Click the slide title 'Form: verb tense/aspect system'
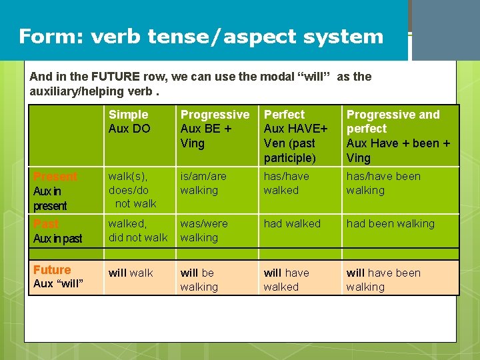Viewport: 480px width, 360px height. coord(201,36)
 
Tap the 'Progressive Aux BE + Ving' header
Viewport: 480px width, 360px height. coord(215,129)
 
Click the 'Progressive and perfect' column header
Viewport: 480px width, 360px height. coord(398,136)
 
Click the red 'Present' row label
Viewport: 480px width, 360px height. coord(55,177)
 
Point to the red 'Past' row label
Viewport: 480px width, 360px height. coord(46,224)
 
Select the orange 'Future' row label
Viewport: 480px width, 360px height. coord(52,270)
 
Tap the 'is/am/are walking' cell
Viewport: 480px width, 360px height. coord(203,183)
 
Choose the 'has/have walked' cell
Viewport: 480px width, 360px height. coord(286,183)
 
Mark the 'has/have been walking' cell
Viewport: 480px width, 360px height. coord(383,183)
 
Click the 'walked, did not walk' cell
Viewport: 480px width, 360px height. coord(137,231)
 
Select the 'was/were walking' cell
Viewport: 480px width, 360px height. coord(203,231)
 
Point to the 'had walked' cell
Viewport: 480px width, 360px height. coord(292,224)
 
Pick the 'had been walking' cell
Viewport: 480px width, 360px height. coord(390,224)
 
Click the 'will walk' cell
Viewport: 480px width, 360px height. coord(131,273)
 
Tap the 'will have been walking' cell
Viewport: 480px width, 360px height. coord(383,280)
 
